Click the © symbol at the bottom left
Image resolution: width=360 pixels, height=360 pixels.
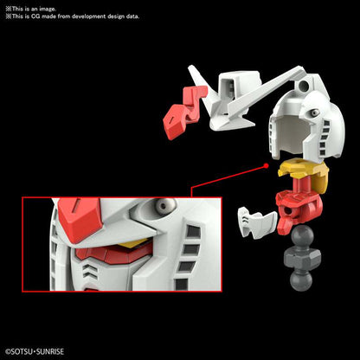coord(8,351)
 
